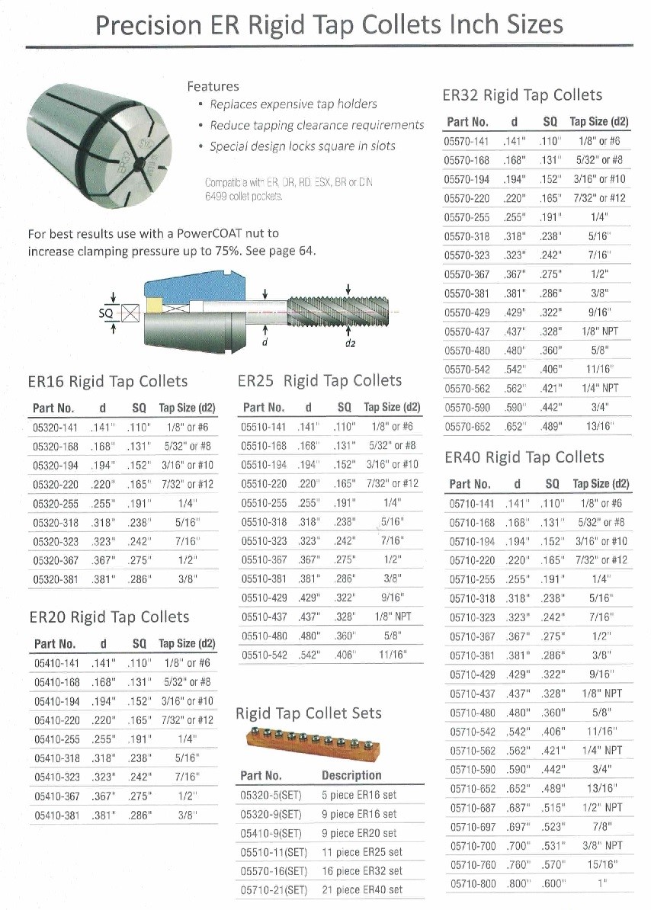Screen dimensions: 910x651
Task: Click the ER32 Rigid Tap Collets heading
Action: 522,95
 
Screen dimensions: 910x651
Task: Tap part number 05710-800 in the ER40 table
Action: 472,884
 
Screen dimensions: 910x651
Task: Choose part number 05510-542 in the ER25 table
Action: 264,655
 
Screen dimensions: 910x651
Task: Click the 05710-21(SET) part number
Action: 274,890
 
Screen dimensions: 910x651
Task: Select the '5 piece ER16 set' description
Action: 359,795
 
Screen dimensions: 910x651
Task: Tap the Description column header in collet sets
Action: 351,775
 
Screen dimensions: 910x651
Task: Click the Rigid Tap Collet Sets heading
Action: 309,713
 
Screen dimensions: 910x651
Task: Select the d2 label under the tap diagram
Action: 349,343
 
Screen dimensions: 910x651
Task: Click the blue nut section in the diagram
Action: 191,293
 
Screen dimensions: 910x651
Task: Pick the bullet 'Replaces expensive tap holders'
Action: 293,104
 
